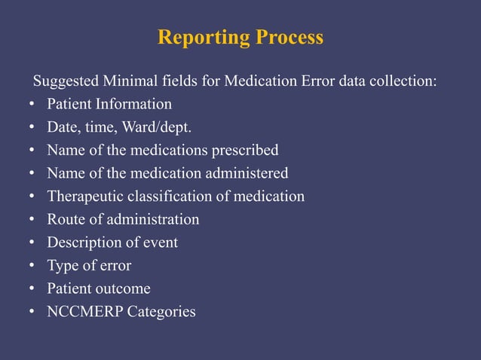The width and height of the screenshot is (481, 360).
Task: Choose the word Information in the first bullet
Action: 134,104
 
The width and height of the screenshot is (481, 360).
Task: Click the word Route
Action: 65,219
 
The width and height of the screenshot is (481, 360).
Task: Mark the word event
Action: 161,243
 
